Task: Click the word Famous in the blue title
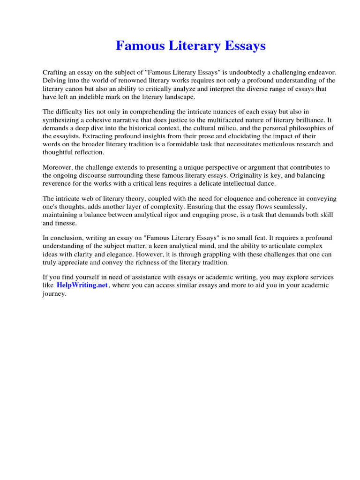coord(136,46)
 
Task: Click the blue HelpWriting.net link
coord(82,285)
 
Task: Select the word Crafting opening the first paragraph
coord(55,73)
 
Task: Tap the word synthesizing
coord(62,120)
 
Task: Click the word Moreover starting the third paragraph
coord(58,167)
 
